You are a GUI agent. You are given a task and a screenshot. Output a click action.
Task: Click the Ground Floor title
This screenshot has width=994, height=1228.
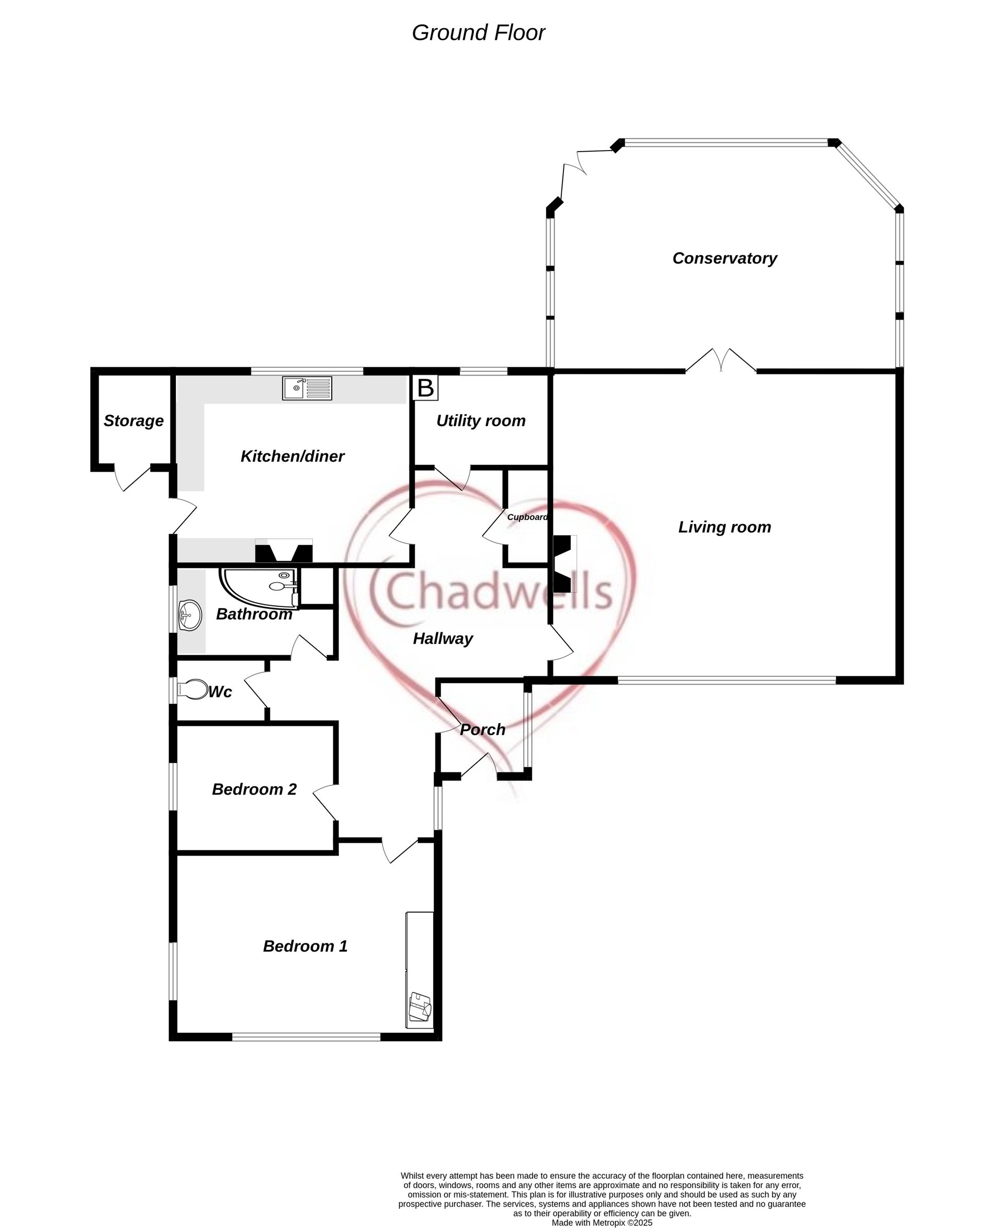tap(478, 33)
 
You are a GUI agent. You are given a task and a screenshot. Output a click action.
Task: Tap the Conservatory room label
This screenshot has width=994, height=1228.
tap(725, 258)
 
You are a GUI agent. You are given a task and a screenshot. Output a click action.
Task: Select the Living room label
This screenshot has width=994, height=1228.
tap(725, 527)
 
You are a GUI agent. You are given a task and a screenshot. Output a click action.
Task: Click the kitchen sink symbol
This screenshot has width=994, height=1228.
tap(307, 388)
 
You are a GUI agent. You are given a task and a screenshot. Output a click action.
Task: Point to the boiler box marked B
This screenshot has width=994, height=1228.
tap(425, 388)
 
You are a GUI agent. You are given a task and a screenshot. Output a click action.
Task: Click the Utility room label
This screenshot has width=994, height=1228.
tap(480, 421)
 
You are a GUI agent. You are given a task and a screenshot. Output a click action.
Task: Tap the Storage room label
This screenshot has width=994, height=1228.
tap(133, 421)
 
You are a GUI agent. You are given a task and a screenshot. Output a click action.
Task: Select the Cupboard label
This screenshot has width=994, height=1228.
tap(527, 517)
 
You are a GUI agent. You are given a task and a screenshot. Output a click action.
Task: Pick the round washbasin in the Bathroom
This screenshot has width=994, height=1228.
tap(189, 616)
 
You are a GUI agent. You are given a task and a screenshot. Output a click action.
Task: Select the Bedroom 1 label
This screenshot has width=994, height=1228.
tap(305, 946)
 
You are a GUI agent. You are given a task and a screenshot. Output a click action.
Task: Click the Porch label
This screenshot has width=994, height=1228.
tap(483, 730)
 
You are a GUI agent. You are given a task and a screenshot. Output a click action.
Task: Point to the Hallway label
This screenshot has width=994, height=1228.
tap(443, 639)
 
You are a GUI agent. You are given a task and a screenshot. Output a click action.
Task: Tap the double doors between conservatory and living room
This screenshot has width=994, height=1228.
tap(721, 361)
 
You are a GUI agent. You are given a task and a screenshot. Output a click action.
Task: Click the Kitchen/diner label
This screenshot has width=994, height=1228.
tap(292, 456)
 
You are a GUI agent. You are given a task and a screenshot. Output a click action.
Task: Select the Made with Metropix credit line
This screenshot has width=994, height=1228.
tap(602, 1222)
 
